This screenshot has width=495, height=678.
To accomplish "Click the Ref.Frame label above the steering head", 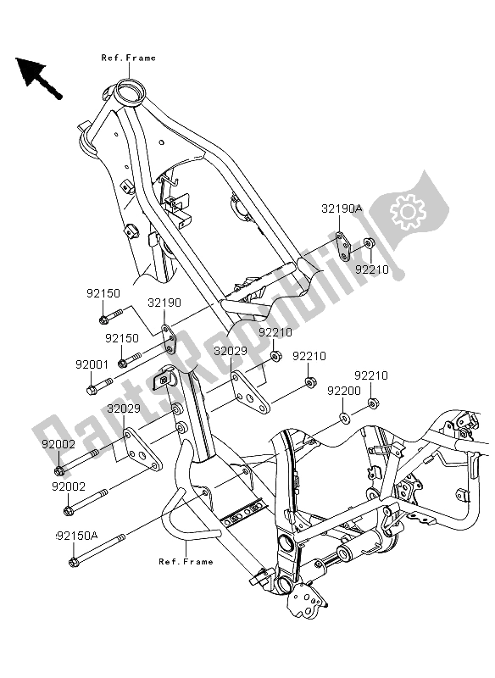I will (x=129, y=58).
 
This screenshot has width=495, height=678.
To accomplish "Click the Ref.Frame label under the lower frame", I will (x=185, y=562).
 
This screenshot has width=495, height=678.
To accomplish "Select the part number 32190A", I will (x=342, y=208).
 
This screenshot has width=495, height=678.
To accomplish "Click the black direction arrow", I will (x=37, y=75).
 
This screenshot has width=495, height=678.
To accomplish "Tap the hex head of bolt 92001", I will (x=91, y=391).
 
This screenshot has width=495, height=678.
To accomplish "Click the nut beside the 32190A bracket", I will (x=370, y=245).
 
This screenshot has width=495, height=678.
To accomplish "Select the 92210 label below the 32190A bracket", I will (x=370, y=270).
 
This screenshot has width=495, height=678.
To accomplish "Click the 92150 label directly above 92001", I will (x=121, y=337).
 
